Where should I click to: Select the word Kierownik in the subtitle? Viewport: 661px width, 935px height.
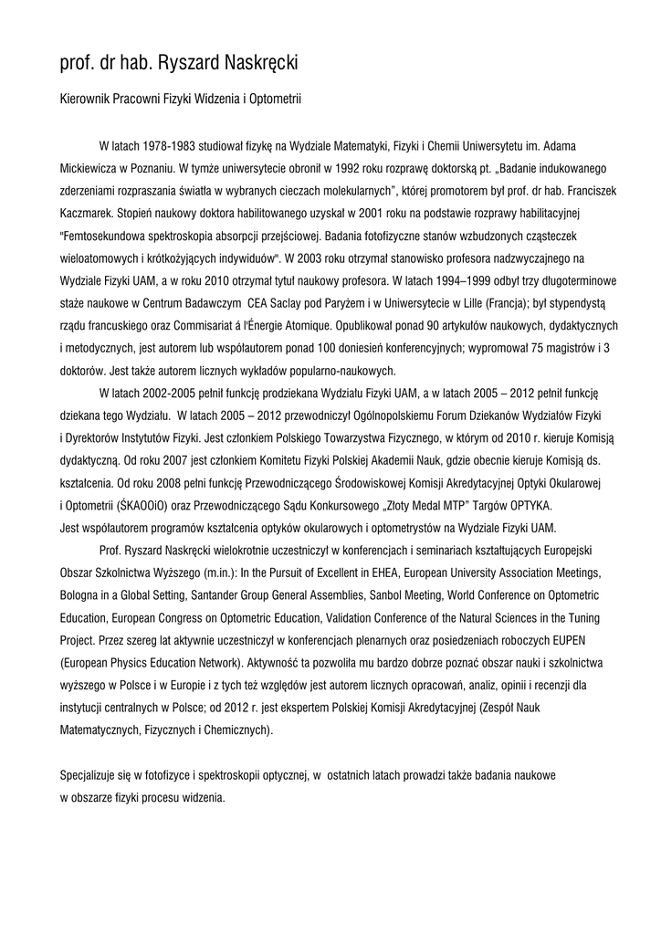[x=87, y=95]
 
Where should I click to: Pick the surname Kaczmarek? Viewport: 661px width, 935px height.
[x=89, y=215]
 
